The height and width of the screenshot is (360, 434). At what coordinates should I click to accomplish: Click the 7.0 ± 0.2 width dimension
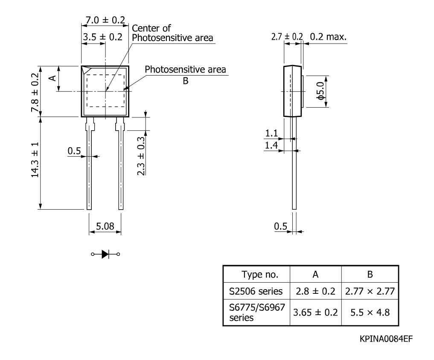[x=105, y=20]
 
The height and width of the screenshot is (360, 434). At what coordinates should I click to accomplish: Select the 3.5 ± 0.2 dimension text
[x=102, y=37]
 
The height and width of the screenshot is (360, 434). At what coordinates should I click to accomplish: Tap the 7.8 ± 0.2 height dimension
[x=35, y=93]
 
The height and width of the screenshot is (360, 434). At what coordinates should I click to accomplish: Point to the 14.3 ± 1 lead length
[x=35, y=160]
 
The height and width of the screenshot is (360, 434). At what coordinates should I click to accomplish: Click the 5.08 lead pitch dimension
[x=105, y=226]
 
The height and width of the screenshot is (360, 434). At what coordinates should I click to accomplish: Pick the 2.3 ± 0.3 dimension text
[x=141, y=156]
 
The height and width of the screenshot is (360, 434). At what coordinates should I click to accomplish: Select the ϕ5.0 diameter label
[x=320, y=91]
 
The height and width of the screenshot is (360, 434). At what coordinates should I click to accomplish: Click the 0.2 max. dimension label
[x=328, y=37]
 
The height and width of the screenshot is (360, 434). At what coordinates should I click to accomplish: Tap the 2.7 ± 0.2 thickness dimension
[x=287, y=37]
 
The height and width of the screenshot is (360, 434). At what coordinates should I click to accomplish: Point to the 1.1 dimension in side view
[x=271, y=133]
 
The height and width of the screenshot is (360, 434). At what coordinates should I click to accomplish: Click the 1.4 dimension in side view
[x=271, y=145]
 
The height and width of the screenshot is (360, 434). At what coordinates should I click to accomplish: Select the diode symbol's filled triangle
[x=105, y=254]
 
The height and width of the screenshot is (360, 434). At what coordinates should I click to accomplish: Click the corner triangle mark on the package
[x=87, y=69]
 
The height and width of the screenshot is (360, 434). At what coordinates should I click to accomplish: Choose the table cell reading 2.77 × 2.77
[x=370, y=291]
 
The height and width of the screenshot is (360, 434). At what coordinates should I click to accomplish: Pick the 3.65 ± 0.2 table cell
[x=315, y=312]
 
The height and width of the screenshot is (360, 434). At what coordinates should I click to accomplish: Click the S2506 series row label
[x=256, y=291]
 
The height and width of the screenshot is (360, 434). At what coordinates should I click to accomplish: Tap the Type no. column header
[x=259, y=274]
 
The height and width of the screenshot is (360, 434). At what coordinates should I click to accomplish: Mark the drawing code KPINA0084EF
[x=386, y=339]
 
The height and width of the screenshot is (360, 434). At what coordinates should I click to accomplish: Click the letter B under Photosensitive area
[x=186, y=81]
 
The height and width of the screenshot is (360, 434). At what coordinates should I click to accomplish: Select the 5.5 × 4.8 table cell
[x=370, y=312]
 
